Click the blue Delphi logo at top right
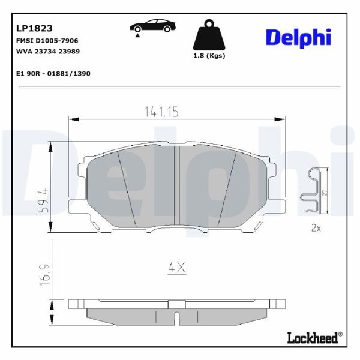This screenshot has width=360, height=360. click(298, 37)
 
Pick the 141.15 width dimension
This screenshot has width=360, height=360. click(162, 112)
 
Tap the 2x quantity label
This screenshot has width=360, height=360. click(316, 228)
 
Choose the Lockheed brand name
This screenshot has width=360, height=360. click(313, 337)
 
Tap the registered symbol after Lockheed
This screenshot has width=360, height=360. click(340, 334)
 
